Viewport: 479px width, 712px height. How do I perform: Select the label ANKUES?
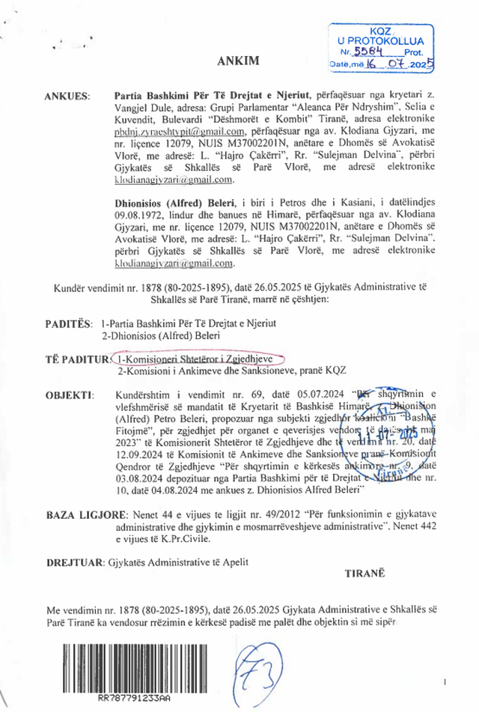(67, 97)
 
